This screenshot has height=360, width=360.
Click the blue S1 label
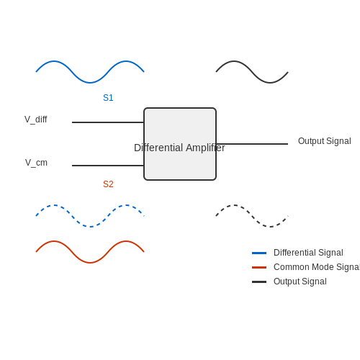point(108,98)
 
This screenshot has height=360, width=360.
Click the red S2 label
point(108,184)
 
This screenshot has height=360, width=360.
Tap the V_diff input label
point(36,120)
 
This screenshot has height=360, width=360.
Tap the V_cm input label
point(36,163)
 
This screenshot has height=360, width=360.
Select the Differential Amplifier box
point(180,144)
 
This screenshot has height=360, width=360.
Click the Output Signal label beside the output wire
point(325,141)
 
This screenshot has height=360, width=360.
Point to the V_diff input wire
point(108,122)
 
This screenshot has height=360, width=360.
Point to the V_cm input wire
point(108,166)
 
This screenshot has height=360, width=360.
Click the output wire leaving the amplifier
point(252,144)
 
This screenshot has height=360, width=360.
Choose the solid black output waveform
point(252,72)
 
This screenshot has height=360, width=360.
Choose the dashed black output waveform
point(252,216)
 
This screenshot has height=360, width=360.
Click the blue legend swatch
point(259,253)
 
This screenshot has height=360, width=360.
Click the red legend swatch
point(259,267)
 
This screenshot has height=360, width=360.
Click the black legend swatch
point(259,282)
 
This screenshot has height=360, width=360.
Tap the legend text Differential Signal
point(308,253)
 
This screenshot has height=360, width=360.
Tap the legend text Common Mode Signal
point(317,267)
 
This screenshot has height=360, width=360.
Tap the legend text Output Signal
point(300,282)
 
